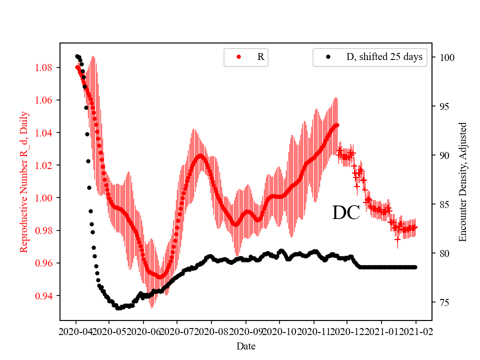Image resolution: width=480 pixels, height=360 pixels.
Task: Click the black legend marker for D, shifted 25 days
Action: click(328, 57)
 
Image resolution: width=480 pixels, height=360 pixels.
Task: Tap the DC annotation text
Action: click(346, 213)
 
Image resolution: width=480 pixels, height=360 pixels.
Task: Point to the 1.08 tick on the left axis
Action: click(47, 67)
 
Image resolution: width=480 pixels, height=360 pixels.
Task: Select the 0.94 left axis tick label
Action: click(47, 296)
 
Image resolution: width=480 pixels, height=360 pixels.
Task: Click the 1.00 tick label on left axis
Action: click(47, 198)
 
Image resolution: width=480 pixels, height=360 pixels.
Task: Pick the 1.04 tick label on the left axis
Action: click(47, 132)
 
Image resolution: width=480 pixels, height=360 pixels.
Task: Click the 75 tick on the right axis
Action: click(443, 302)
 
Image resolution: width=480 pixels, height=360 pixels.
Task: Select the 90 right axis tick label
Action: click(443, 155)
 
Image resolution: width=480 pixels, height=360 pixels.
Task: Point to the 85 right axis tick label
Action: click(443, 204)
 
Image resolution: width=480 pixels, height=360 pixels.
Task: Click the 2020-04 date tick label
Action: click(76, 331)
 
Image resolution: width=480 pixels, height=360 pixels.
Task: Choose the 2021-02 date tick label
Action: click(416, 331)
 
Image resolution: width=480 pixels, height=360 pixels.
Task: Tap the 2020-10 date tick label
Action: click(279, 331)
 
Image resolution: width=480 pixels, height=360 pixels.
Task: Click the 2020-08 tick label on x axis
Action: click(211, 331)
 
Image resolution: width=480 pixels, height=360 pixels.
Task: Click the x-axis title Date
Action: click(246, 345)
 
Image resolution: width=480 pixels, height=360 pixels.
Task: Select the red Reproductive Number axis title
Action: click(23, 182)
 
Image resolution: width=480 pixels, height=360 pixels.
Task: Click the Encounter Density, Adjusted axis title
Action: click(462, 182)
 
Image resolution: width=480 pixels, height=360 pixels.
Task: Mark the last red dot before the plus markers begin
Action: click(337, 125)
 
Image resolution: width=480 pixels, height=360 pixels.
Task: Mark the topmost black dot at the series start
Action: click(77, 56)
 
